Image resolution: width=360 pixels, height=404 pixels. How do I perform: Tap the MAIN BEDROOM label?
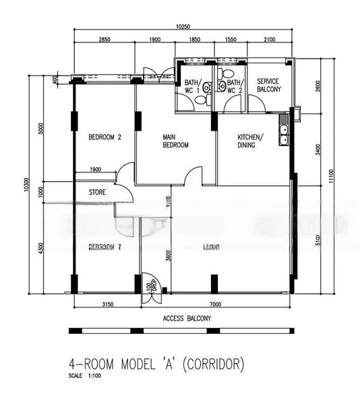coord(175,141)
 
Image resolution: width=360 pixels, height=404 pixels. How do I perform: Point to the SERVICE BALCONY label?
coord(268,85)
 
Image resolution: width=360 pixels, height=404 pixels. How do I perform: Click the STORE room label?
coord(97,193)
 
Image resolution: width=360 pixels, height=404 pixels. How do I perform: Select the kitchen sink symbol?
coord(284,134)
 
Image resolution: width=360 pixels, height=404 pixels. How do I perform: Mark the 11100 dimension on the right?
coord(331,175)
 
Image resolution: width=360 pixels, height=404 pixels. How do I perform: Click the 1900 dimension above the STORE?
coord(95,170)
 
